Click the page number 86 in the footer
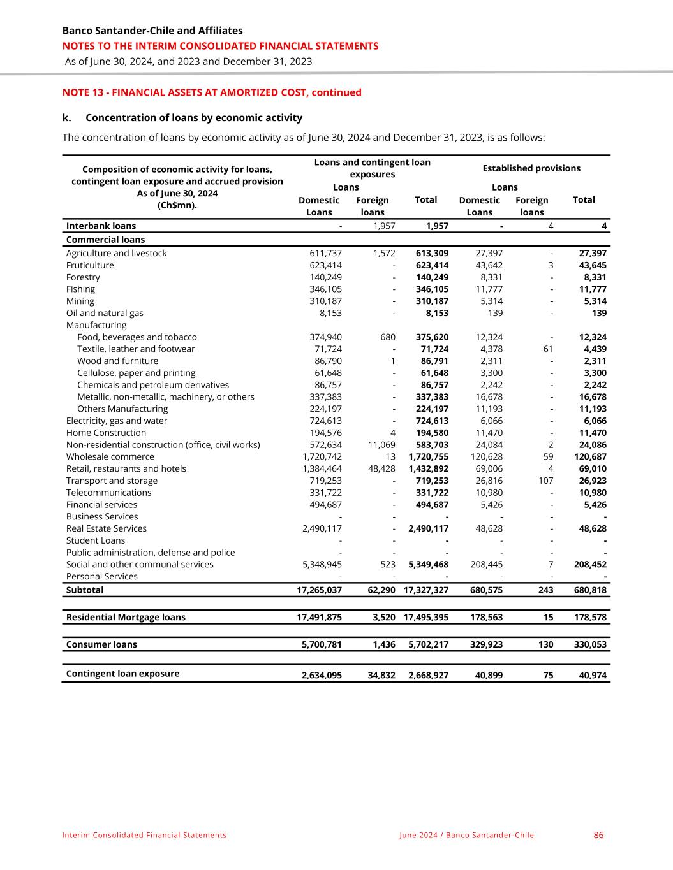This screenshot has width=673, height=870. (598, 835)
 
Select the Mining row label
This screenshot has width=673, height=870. (80, 301)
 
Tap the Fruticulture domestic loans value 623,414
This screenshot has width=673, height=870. (325, 265)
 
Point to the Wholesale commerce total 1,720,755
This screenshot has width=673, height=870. (428, 456)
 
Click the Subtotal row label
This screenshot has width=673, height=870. (84, 590)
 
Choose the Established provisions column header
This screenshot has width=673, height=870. (531, 168)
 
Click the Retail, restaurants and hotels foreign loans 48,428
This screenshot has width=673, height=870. (382, 468)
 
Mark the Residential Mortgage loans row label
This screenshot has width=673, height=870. (126, 617)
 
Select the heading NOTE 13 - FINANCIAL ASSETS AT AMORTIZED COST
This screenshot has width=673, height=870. (212, 92)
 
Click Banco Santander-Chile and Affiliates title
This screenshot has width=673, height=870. (152, 31)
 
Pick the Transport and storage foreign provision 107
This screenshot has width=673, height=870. (545, 481)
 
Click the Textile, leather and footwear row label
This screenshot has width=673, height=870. (136, 349)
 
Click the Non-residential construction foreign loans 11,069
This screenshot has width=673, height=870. (382, 445)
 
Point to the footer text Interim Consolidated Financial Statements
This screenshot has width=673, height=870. (144, 835)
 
